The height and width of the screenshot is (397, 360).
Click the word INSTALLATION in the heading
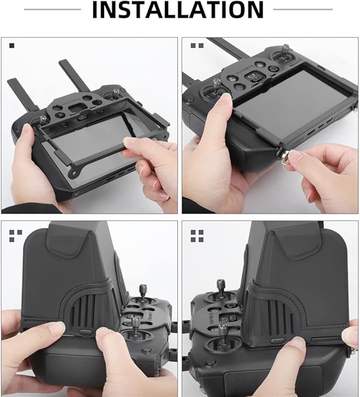[178, 10]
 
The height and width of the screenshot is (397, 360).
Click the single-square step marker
[12, 46]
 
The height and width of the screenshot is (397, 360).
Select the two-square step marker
[197, 46]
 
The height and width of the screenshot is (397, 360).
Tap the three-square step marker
[16, 236]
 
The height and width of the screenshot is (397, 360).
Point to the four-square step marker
[197, 236]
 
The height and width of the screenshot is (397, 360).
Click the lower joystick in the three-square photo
[135, 327]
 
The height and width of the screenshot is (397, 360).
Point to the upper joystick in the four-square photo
[221, 289]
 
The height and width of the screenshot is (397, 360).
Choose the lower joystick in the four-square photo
[224, 334]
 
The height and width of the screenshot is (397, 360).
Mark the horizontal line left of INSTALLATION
[52, 10]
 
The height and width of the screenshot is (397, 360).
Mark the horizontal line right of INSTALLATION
[303, 10]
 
